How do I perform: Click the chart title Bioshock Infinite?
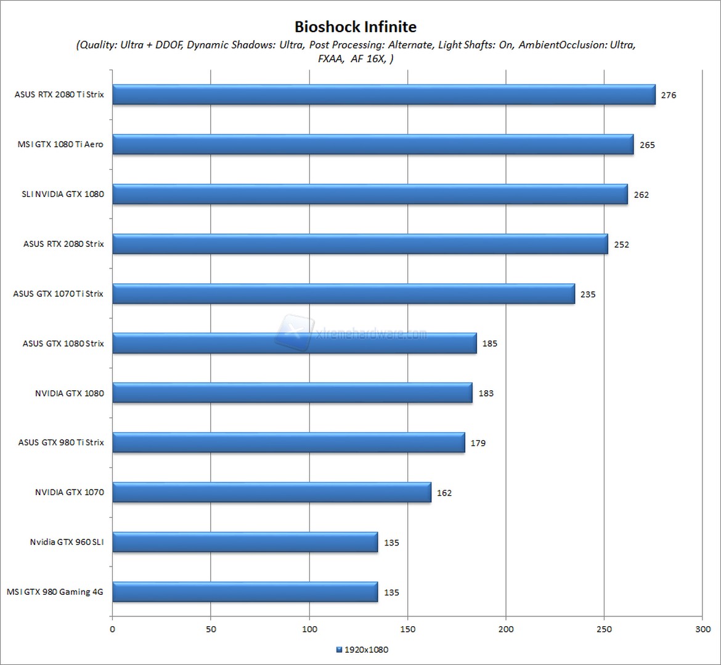[x=355, y=27]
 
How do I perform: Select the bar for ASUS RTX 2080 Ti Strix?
[x=383, y=95]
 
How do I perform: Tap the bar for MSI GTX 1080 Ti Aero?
[x=373, y=145]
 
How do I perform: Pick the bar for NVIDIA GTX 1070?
[x=272, y=493]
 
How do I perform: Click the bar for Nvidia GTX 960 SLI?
[x=245, y=542]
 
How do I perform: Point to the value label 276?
[x=669, y=95]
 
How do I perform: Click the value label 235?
[x=588, y=294]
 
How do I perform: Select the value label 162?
[x=444, y=493]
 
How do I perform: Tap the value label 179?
[x=478, y=443]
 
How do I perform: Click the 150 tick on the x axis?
[x=407, y=629]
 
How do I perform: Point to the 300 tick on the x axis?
[x=703, y=629]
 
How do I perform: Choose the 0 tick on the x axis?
[x=112, y=629]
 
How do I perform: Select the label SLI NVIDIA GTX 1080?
[x=63, y=195]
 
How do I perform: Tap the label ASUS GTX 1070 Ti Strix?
[x=59, y=294]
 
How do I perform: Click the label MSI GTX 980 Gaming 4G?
[x=55, y=592]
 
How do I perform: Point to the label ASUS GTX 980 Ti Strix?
[x=61, y=443]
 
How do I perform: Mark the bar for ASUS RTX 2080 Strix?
[x=360, y=244]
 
